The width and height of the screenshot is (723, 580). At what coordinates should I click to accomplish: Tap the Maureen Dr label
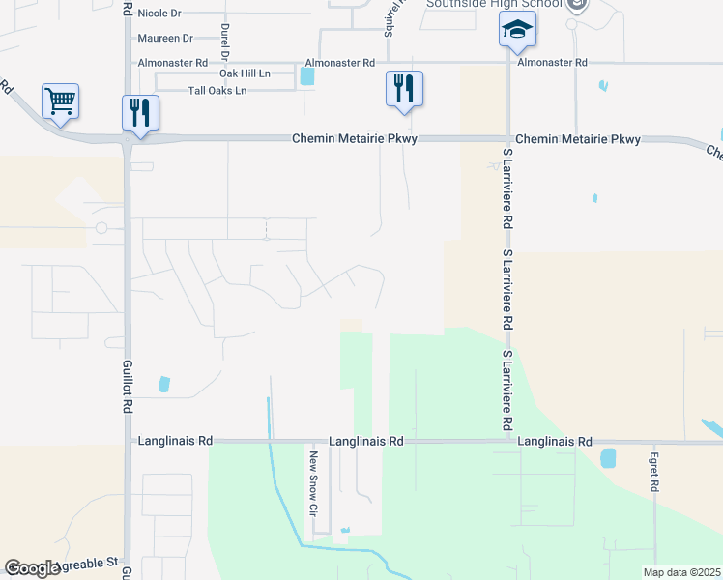point(165,38)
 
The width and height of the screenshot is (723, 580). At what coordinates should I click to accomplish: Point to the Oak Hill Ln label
point(245,73)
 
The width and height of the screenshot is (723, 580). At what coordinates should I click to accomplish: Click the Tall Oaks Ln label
point(217,90)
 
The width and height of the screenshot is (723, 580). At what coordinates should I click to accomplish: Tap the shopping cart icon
point(60,101)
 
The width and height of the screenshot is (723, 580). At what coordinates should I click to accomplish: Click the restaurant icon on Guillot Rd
point(141,112)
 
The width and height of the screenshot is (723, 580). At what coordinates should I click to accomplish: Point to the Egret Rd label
point(654,473)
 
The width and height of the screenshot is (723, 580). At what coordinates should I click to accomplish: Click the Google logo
point(33,568)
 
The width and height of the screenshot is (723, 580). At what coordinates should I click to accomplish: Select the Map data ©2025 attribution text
point(681,572)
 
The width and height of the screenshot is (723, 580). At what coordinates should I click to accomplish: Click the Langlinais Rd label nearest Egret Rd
point(555,441)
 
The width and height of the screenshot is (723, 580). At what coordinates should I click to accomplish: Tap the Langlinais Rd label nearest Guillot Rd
point(177,441)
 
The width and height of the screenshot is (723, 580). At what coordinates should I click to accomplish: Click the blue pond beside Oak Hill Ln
point(307,77)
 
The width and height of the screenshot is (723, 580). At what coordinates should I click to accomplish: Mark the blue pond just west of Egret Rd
point(609,458)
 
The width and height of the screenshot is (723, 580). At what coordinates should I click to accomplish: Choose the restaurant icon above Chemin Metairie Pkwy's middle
point(403,89)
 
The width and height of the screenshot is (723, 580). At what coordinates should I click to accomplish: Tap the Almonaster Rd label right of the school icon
point(552,62)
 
